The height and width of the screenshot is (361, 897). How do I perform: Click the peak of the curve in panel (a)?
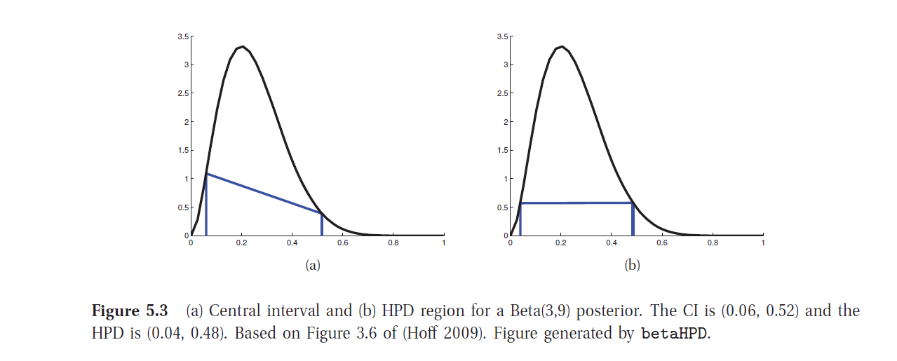tap(242, 47)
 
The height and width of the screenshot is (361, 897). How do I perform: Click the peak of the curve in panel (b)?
tap(562, 47)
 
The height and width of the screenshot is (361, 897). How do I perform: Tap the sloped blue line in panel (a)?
tap(264, 193)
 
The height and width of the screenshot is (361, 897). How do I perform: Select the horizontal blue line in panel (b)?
tap(576, 203)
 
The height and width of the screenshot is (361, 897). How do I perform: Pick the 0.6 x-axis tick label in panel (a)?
tap(342, 243)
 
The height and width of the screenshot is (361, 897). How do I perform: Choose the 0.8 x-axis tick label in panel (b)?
tap(713, 243)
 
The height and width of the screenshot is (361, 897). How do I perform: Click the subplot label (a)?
tap(313, 266)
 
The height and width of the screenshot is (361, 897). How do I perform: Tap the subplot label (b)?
tap(632, 266)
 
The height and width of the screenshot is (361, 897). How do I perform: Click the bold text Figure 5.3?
tap(130, 311)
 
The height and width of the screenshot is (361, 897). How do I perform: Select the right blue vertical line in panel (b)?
tap(633, 219)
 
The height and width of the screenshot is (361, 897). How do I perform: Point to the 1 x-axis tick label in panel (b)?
tap(762, 243)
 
